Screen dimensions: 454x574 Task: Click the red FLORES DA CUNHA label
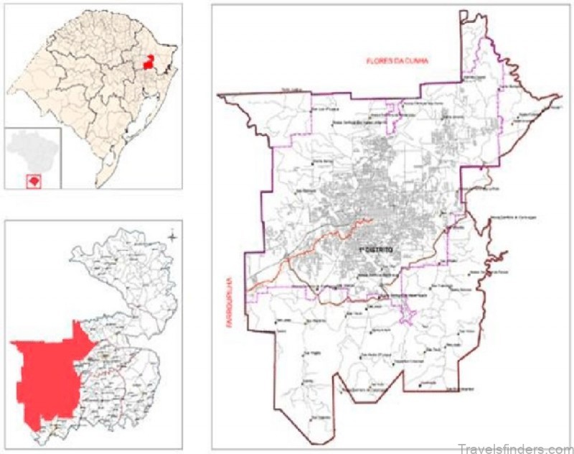pyautogui.click(x=397, y=60)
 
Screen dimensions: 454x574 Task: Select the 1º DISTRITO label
pyautogui.click(x=377, y=249)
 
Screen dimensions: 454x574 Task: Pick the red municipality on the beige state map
pyautogui.click(x=149, y=61)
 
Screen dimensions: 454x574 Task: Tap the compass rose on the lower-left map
pyautogui.click(x=173, y=235)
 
